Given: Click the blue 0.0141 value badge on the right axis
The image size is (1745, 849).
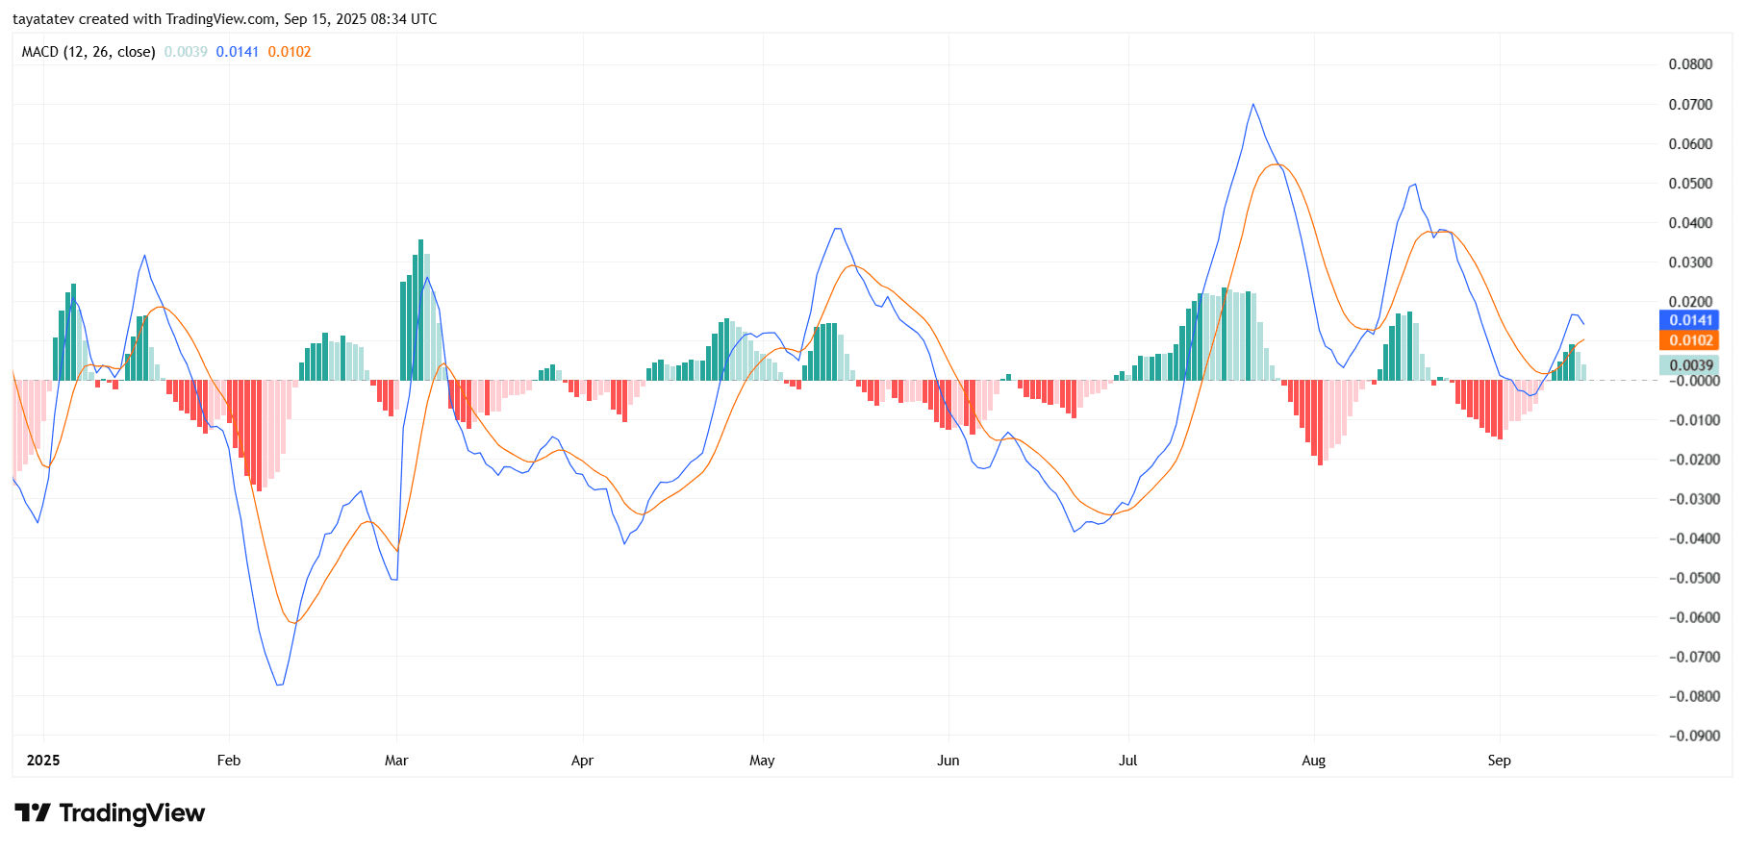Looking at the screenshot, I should pos(1689,320).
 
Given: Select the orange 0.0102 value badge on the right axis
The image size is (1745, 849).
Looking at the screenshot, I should pos(1689,340).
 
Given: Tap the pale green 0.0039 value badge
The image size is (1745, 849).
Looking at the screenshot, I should pos(1689,365).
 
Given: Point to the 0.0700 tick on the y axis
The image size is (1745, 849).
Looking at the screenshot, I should pos(1690,104).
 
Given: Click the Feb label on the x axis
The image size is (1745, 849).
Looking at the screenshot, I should pos(229,761).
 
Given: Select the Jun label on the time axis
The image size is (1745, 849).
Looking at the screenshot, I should pos(948,761).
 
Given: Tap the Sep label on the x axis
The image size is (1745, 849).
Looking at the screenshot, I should pos(1499,761).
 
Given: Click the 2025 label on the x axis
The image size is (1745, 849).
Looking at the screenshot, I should pos(43,761).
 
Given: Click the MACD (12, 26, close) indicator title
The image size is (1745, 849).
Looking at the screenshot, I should pos(89,52).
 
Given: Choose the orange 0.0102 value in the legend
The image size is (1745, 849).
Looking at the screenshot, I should pos(290,52).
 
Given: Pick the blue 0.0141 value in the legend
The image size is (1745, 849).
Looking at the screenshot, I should pos(237,52).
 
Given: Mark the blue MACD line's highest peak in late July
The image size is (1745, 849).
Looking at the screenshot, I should pos(1252,104).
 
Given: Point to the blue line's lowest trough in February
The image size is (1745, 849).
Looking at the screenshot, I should pos(279,685).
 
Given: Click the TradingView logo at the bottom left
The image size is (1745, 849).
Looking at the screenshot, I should pos(110,813).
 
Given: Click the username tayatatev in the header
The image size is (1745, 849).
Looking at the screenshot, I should pos(43,19).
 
